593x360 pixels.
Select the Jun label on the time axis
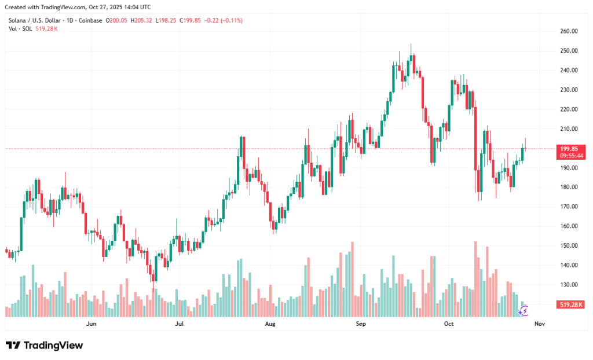91,324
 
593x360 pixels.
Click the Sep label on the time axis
361,324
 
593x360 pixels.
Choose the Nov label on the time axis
540,324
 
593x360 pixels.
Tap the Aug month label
270,324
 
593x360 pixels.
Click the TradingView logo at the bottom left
44,346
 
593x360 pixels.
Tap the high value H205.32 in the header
141,20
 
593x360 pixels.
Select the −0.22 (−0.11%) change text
224,20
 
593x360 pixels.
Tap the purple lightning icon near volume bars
523,311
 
